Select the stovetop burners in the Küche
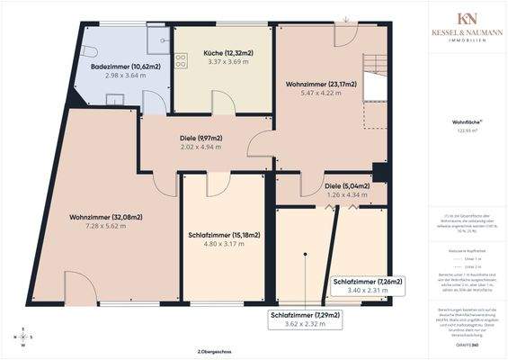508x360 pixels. [x=181, y=61]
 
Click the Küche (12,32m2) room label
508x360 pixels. [x=222, y=54]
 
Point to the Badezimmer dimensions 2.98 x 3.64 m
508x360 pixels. [x=124, y=76]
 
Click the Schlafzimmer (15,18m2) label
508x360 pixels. [x=225, y=235]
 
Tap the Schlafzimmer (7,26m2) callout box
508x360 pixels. [x=368, y=286]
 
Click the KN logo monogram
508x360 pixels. [x=467, y=19]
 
